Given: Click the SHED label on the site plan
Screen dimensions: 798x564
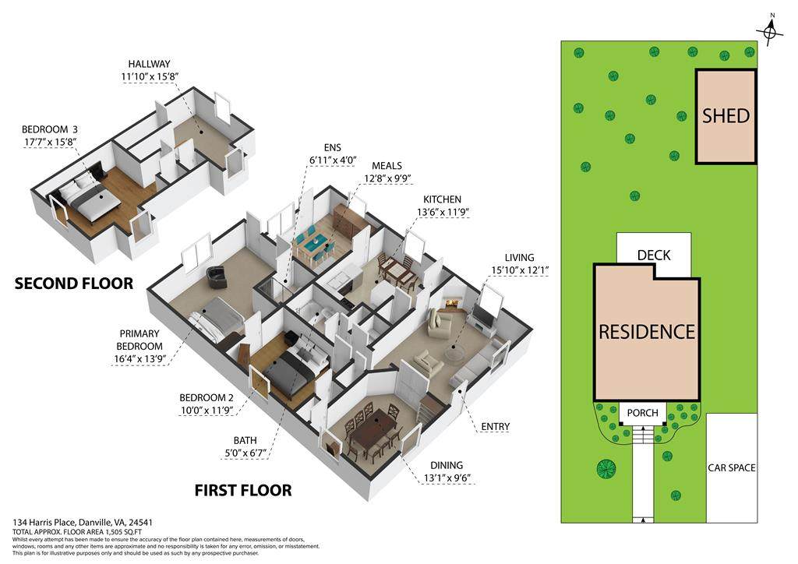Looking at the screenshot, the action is (x=726, y=116).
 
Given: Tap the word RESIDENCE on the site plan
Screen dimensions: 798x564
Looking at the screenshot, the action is (x=647, y=332).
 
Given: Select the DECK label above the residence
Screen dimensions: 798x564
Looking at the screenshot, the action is (x=654, y=255).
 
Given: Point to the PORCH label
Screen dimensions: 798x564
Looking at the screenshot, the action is (x=642, y=413).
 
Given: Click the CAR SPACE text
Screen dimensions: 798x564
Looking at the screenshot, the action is (x=731, y=468).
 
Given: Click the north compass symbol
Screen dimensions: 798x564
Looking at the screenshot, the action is (x=772, y=31).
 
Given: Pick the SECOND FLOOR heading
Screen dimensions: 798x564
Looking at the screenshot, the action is (x=74, y=284).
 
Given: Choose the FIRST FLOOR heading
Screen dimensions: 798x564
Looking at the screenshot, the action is (x=243, y=490).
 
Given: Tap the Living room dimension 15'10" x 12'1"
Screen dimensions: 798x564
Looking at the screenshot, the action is (x=520, y=270).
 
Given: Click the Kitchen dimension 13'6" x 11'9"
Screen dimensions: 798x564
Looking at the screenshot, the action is (x=443, y=212).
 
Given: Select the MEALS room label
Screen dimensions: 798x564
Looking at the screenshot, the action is (x=387, y=166).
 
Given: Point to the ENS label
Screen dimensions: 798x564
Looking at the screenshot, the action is (x=332, y=148).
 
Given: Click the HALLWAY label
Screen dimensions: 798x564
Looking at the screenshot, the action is (x=149, y=64).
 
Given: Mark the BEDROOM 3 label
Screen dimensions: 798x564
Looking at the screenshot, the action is (x=49, y=129).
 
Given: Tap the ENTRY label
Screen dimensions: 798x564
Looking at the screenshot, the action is (x=495, y=427).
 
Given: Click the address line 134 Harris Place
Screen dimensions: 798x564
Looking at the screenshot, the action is (x=83, y=522).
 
